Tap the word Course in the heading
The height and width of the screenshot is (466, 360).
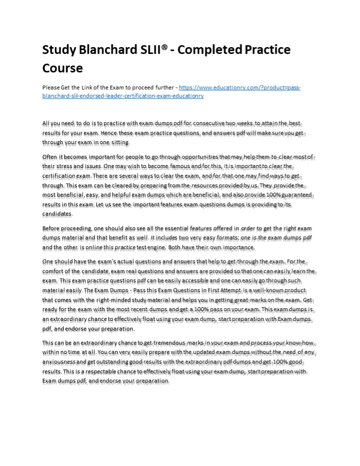pyautogui.click(x=63, y=68)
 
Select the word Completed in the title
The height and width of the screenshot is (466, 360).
pyautogui.click(x=216, y=50)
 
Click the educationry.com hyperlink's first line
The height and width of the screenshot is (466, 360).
pyautogui.click(x=240, y=88)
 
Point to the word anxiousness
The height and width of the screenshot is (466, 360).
pyautogui.click(x=60, y=362)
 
